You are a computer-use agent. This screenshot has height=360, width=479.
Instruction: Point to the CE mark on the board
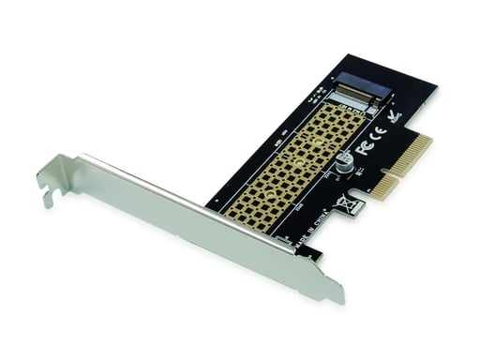tap(379, 131)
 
